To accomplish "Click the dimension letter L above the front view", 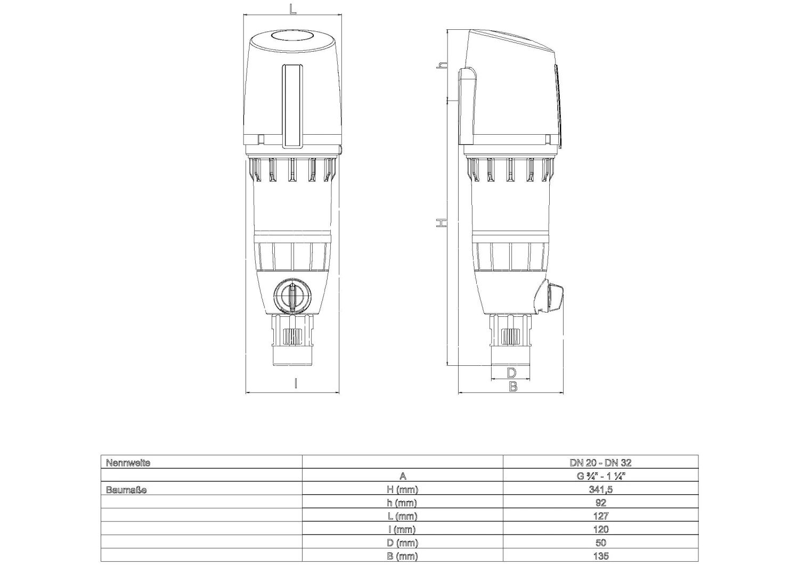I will coord(292,9).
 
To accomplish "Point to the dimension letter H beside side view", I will coord(441,223).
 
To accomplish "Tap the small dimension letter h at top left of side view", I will coord(441,65).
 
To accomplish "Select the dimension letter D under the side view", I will coord(511,372).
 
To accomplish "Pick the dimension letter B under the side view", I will coord(513,387).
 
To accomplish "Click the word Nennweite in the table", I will coord(128,463).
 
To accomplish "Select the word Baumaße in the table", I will coord(126,489).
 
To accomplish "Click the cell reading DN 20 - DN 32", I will coord(600,463).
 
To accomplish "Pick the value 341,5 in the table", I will coord(600,489).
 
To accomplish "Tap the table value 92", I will coord(600,503).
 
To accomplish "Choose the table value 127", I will coord(600,516).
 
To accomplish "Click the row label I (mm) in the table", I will coord(402,529).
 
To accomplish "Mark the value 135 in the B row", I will coord(600,556).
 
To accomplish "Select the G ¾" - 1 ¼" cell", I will coord(600,476).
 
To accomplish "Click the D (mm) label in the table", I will coord(402,543).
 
